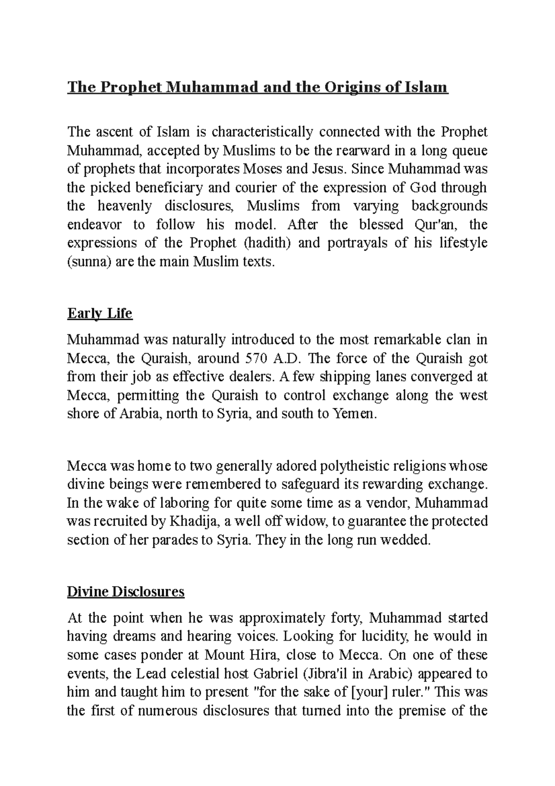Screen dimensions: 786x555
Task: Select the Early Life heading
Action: (99, 313)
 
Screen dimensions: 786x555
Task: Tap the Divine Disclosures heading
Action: (126, 592)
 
